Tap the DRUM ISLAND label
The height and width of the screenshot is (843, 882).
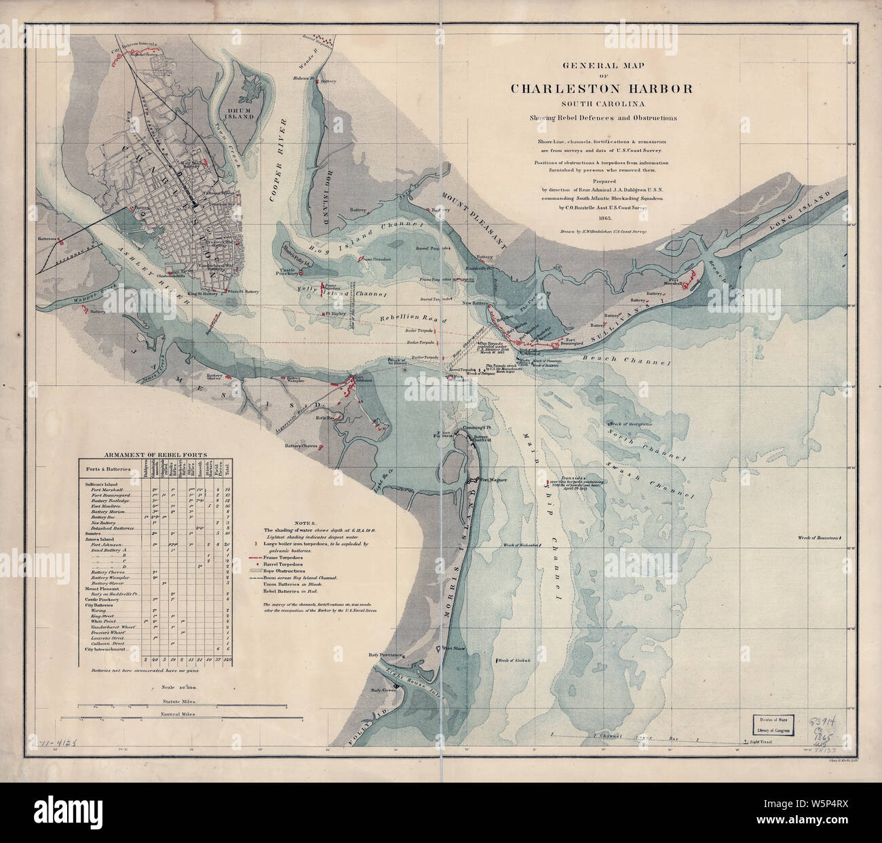click(x=240, y=112)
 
